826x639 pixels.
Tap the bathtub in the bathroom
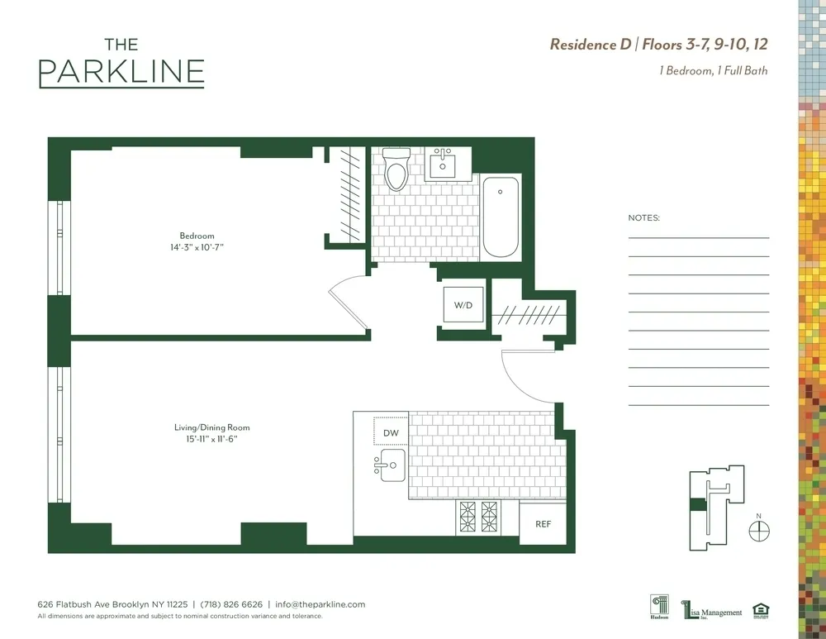(x=501, y=217)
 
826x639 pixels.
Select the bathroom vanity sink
(x=444, y=164)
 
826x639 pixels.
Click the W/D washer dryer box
(x=463, y=306)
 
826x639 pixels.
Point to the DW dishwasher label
(x=392, y=432)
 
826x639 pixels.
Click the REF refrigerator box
(x=543, y=524)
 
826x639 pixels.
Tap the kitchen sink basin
(x=392, y=466)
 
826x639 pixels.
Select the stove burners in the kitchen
(x=478, y=518)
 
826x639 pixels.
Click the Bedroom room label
(x=197, y=236)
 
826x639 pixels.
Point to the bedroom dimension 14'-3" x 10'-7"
(x=197, y=247)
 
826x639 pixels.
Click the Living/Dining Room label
(x=211, y=427)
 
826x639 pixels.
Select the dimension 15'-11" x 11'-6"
(x=211, y=438)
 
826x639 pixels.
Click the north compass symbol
(x=758, y=530)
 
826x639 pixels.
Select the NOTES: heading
(x=644, y=218)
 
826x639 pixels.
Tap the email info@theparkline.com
(x=320, y=604)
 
